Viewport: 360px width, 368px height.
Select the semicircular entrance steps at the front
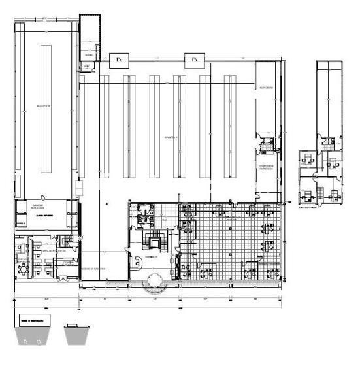coord(157,284)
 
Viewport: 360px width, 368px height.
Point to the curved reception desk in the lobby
coord(138,261)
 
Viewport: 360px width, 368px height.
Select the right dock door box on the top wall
coord(193,59)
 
